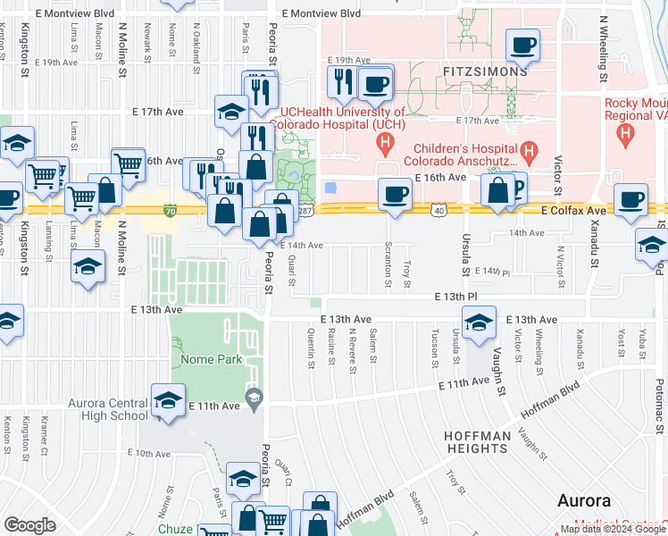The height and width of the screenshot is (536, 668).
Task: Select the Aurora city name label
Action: [x=584, y=500]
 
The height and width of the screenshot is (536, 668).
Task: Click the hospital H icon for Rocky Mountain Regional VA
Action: [x=626, y=136]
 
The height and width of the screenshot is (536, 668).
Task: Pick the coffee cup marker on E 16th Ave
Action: [x=395, y=194]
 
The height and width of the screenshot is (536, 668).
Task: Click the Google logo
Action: [x=29, y=525]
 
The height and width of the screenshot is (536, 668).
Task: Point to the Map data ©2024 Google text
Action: [x=613, y=530]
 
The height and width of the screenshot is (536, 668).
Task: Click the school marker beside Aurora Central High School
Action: [x=167, y=401]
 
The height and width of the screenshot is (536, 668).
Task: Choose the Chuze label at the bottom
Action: [x=175, y=529]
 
